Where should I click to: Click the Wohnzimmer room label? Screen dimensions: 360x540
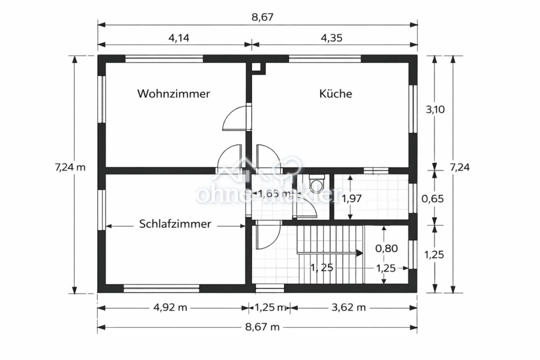click(174, 94)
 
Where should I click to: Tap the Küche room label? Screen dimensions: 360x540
click(336, 94)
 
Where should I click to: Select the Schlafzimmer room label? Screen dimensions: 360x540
click(175, 224)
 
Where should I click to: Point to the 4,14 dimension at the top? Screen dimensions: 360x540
click(179, 38)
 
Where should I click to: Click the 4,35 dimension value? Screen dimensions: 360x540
click(332, 38)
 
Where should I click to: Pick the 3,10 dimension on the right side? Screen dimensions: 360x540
click(435, 109)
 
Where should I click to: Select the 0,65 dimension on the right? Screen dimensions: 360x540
click(433, 198)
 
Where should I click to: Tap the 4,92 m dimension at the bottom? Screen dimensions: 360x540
click(170, 307)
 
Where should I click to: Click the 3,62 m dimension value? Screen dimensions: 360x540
click(349, 307)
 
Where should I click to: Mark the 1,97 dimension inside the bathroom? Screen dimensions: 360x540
click(352, 198)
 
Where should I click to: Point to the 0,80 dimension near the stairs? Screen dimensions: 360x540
click(386, 248)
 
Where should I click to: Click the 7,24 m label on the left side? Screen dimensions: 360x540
click(70, 167)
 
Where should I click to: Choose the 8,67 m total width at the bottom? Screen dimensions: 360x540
click(262, 327)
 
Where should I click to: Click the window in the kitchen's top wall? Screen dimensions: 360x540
click(325, 59)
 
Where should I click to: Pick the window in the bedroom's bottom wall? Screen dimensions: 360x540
click(161, 288)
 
